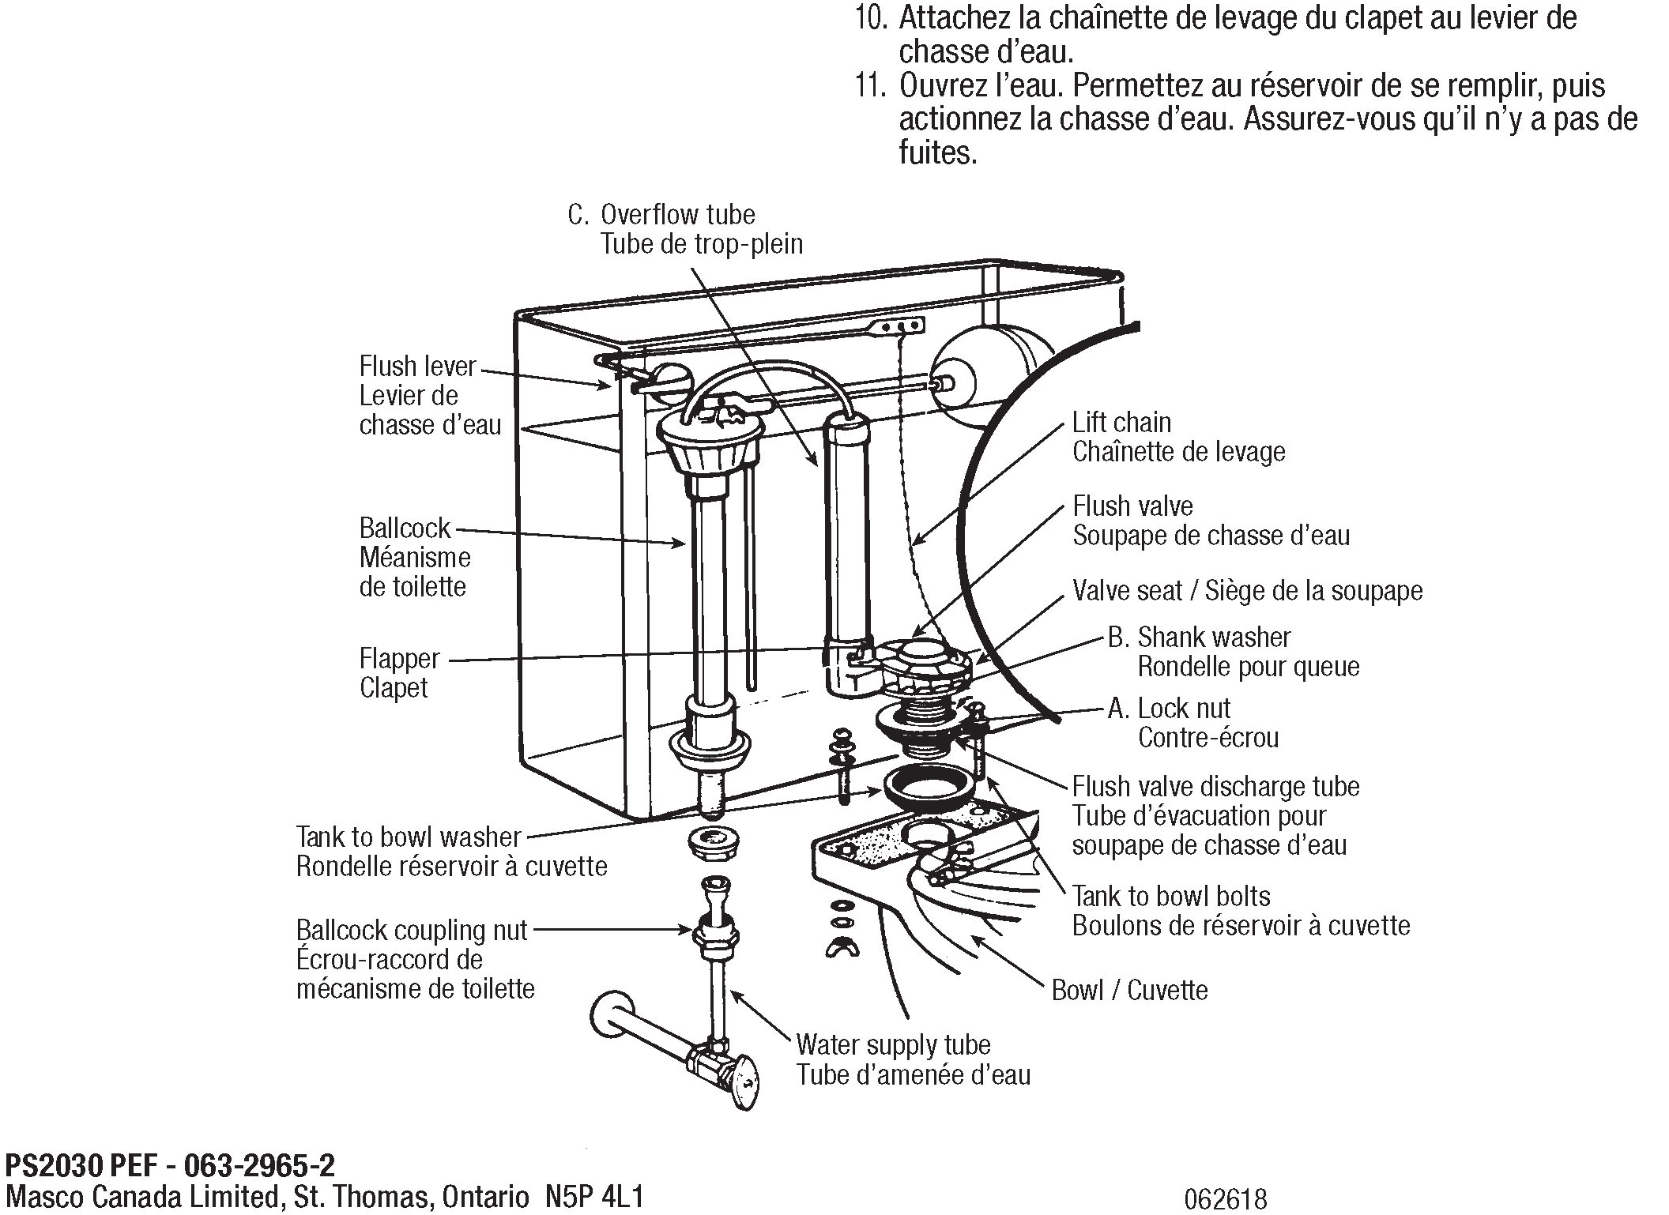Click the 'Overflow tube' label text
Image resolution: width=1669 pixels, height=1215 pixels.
pyautogui.click(x=677, y=215)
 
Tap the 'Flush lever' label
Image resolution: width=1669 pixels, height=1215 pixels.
pyautogui.click(x=417, y=367)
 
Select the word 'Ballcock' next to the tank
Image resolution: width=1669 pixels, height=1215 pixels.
pyautogui.click(x=405, y=528)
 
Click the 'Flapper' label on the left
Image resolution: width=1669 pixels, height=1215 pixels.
pyautogui.click(x=399, y=658)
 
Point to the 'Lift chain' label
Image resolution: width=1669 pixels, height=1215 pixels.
pyautogui.click(x=1121, y=423)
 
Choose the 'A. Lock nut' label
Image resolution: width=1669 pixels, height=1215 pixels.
pyautogui.click(x=1169, y=709)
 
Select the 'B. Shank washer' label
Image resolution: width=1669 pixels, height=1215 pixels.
pyautogui.click(x=1199, y=638)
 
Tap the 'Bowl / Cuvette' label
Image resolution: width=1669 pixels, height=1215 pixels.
pyautogui.click(x=1129, y=990)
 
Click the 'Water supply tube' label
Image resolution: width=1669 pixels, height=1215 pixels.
pyautogui.click(x=893, y=1044)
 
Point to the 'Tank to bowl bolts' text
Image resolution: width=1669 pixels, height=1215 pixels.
pyautogui.click(x=1170, y=897)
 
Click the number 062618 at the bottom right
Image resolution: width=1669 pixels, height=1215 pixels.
pyautogui.click(x=1225, y=1199)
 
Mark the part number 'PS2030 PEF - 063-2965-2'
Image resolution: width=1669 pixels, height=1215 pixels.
pyautogui.click(x=170, y=1166)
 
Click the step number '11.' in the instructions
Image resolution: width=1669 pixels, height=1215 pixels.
pyautogui.click(x=872, y=85)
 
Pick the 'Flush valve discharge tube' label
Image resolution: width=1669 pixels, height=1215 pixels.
pyautogui.click(x=1215, y=787)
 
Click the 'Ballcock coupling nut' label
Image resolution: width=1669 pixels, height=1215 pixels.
pyautogui.click(x=411, y=931)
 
